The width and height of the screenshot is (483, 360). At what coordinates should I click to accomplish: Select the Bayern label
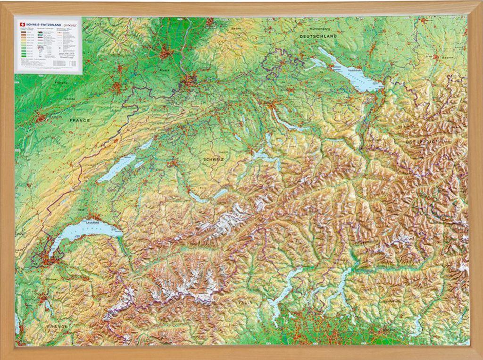point(447,57)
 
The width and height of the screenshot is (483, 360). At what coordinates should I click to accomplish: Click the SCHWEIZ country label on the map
point(213,160)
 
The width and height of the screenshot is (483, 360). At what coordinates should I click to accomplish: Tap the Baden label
point(236,28)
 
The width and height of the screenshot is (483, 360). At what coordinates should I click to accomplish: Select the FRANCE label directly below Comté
point(79,120)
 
